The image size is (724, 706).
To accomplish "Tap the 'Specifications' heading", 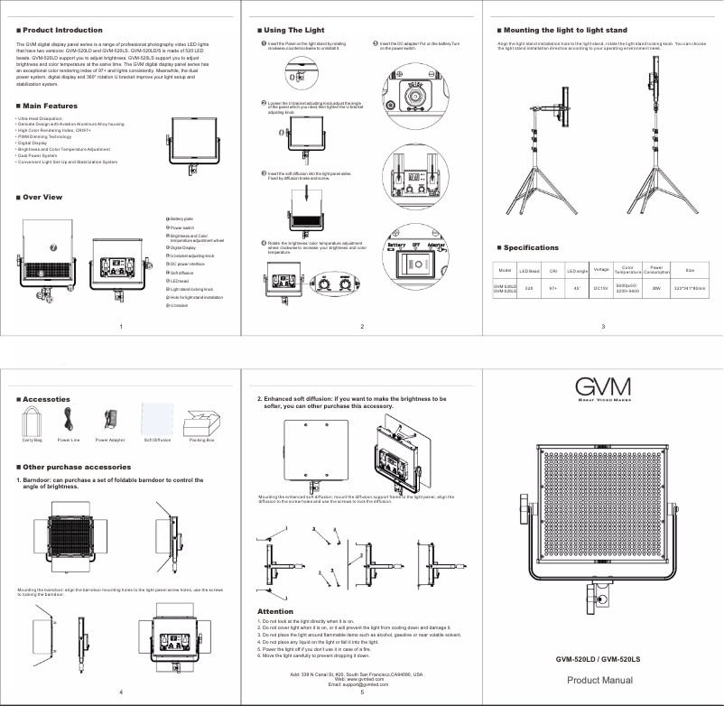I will click(531, 247).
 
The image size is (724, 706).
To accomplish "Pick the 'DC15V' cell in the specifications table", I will click(600, 288).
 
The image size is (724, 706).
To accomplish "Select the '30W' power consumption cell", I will click(656, 288).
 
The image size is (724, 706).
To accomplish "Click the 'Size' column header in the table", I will click(690, 270).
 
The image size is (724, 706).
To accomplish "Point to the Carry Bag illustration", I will click(32, 421).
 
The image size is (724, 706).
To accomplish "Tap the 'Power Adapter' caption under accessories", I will click(110, 441).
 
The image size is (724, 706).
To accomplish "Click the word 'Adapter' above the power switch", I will click(437, 245).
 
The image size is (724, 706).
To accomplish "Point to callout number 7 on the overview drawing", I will click(53, 247).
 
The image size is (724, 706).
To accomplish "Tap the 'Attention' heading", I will click(275, 611).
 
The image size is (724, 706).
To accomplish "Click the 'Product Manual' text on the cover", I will click(599, 680).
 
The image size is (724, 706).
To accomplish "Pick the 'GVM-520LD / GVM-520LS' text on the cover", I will click(599, 659).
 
